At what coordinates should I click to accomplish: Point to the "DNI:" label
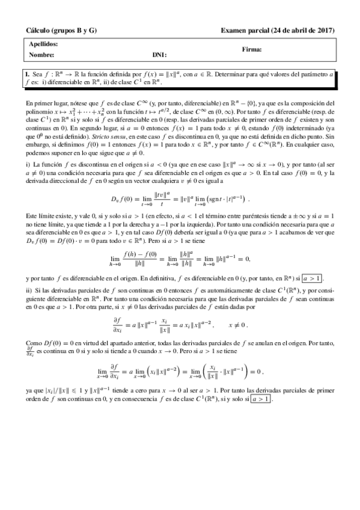(x=159, y=55)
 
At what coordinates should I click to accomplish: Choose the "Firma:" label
(x=252, y=49)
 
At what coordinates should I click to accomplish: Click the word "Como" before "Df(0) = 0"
(x=34, y=340)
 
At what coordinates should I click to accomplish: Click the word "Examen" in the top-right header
(x=233, y=30)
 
